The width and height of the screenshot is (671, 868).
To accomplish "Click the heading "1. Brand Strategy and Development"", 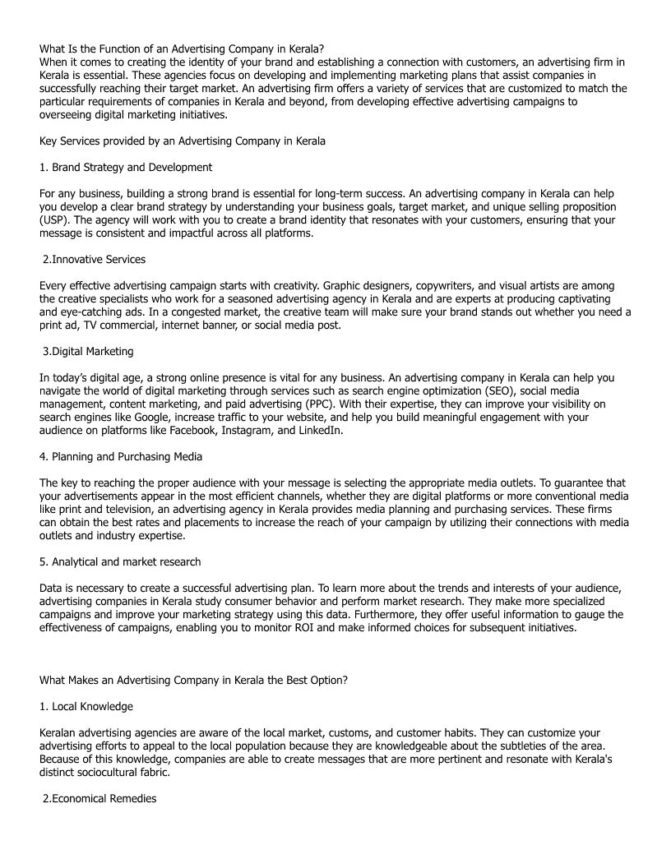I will [126, 167].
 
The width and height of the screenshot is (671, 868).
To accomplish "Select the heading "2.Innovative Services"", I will [94, 259].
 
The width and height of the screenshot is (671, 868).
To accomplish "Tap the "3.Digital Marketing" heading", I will [88, 351].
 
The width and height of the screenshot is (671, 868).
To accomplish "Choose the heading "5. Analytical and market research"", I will [120, 561].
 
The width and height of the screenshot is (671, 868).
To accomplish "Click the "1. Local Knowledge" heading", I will [86, 706].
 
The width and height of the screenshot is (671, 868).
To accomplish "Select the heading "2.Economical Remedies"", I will [99, 798].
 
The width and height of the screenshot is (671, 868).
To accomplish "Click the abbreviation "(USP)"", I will [54, 219].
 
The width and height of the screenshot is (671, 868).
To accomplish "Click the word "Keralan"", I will [60, 732].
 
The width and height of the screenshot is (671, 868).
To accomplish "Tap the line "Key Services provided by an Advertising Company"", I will [183, 141].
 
